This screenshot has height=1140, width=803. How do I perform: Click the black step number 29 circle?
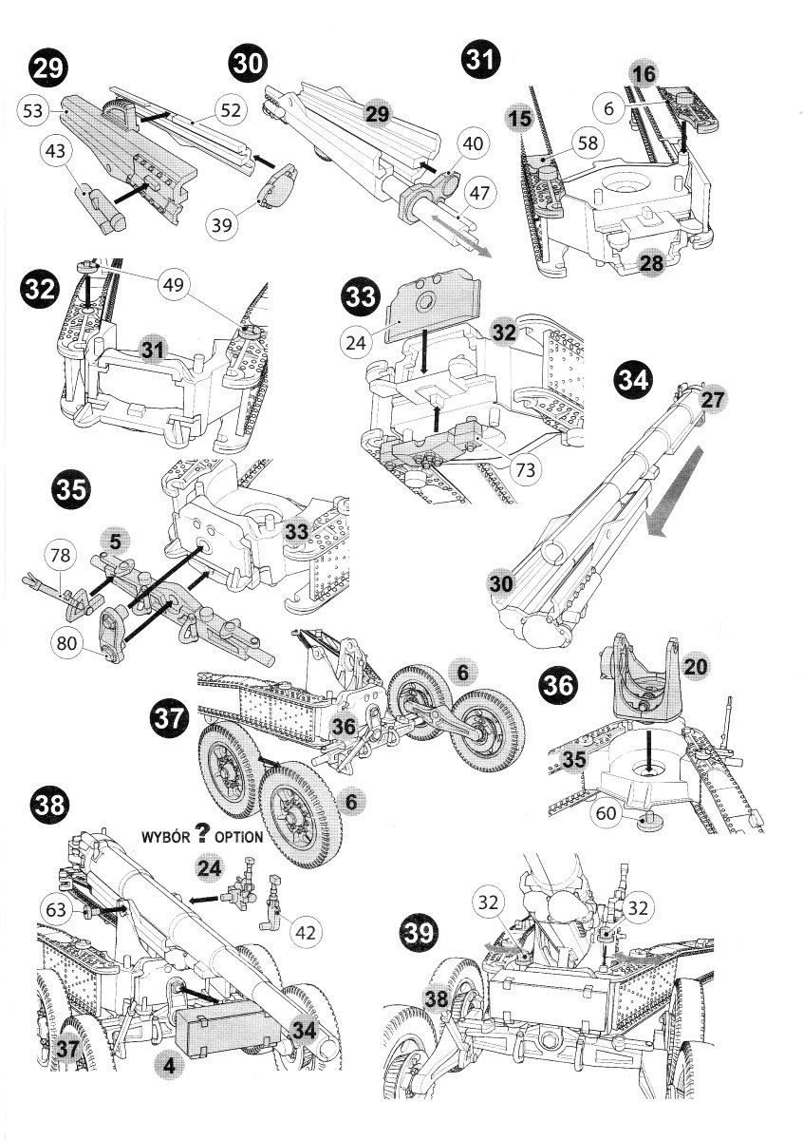pyautogui.click(x=47, y=68)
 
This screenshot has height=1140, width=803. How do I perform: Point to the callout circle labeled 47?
pyautogui.click(x=479, y=194)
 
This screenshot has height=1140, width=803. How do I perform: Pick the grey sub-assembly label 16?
pyautogui.click(x=643, y=73)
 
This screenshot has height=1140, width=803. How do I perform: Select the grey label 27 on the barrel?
pyautogui.click(x=712, y=400)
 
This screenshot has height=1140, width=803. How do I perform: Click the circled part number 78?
pyautogui.click(x=61, y=555)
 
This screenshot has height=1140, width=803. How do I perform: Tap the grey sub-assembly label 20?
pyautogui.click(x=695, y=667)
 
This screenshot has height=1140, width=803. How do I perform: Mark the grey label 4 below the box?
pyautogui.click(x=168, y=1066)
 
